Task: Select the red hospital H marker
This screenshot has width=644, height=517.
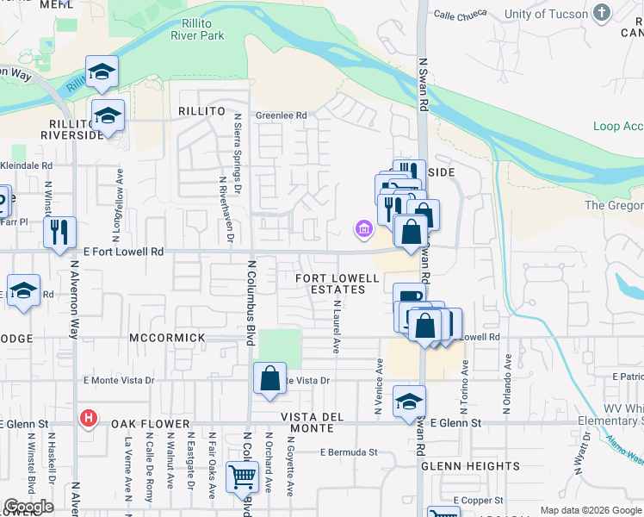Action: (x=87, y=419)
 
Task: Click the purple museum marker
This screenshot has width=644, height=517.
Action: (x=363, y=228)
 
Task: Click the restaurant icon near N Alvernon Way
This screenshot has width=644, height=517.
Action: (x=59, y=232)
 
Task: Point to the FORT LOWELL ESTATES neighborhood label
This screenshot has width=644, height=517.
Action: (x=337, y=283)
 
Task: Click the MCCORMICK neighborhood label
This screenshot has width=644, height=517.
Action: (x=167, y=338)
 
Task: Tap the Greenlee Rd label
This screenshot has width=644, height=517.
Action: (x=281, y=115)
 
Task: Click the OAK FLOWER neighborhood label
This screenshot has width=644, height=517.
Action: (x=150, y=424)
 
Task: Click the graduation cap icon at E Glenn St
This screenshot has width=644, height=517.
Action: (x=409, y=401)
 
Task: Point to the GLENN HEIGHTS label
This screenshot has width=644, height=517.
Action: (x=471, y=465)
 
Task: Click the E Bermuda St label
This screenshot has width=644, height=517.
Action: (x=349, y=452)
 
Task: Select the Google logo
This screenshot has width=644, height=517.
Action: (x=28, y=507)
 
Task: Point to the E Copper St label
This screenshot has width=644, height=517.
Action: (x=478, y=500)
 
